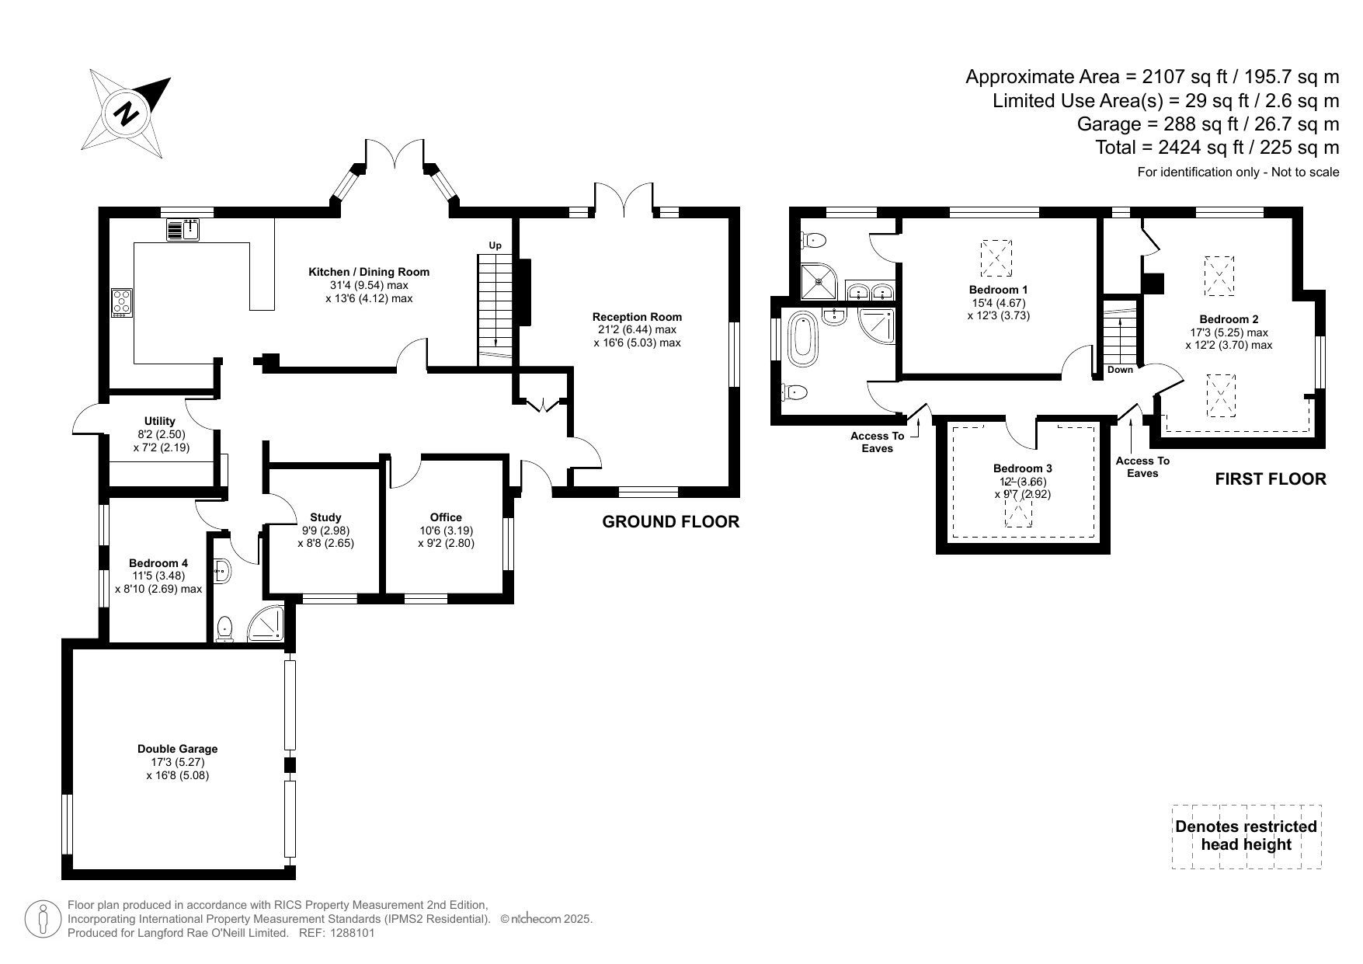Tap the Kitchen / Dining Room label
click(369, 272)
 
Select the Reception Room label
click(637, 317)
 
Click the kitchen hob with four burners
click(122, 301)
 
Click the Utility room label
click(160, 422)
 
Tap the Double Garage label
click(178, 749)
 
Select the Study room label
click(325, 517)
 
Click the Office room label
click(446, 517)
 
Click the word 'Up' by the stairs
click(495, 245)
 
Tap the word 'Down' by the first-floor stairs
click(1120, 370)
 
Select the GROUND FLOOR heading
click(671, 522)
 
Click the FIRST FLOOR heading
click(1271, 479)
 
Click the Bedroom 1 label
click(999, 291)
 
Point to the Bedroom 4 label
click(158, 563)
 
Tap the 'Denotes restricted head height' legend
click(1247, 836)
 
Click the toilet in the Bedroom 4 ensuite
click(225, 628)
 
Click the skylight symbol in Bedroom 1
click(996, 257)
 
